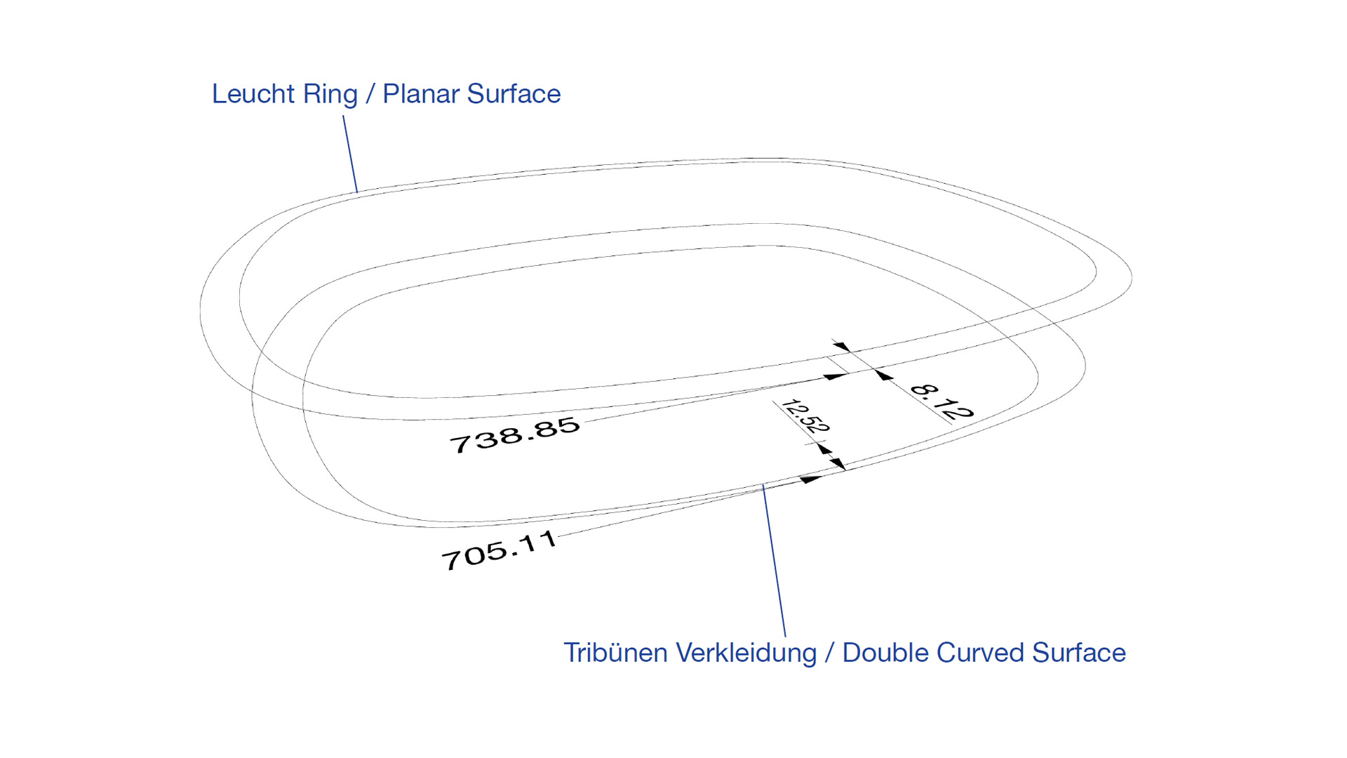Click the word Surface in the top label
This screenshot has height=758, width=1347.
tap(514, 94)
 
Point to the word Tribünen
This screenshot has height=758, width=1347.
tap(615, 653)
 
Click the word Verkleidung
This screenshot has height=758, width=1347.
tap(746, 653)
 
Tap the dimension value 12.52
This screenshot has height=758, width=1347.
tap(805, 415)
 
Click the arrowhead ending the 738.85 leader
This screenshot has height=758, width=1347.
tap(835, 377)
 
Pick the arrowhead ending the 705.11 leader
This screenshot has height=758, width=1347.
tap(811, 479)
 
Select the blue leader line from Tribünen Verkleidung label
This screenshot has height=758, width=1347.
tap(774, 561)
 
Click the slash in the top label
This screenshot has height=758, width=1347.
tap(370, 95)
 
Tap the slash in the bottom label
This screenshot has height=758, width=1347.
tap(829, 653)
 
